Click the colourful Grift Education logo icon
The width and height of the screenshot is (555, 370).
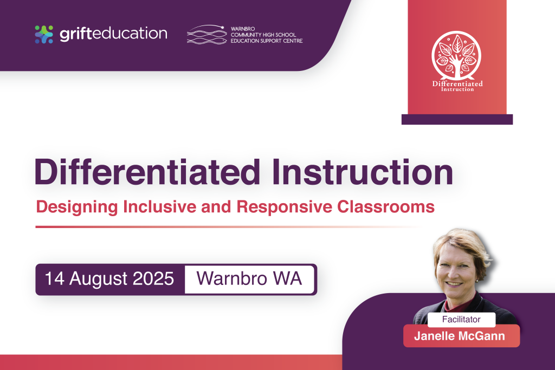click(44, 34)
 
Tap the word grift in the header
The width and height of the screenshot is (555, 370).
click(76, 34)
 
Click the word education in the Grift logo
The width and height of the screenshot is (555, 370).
click(130, 34)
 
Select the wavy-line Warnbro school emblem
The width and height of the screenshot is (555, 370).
click(206, 35)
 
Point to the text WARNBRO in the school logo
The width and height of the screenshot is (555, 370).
click(243, 29)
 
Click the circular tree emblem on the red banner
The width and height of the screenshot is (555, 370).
click(456, 55)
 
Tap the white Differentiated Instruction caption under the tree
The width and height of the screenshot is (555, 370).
click(457, 86)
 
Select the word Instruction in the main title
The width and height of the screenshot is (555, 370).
click(363, 172)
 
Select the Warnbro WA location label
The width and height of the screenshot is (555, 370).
click(249, 278)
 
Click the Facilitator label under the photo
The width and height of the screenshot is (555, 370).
click(461, 320)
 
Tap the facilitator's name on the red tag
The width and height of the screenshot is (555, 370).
click(460, 336)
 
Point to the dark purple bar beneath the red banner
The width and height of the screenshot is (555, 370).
click(457, 119)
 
